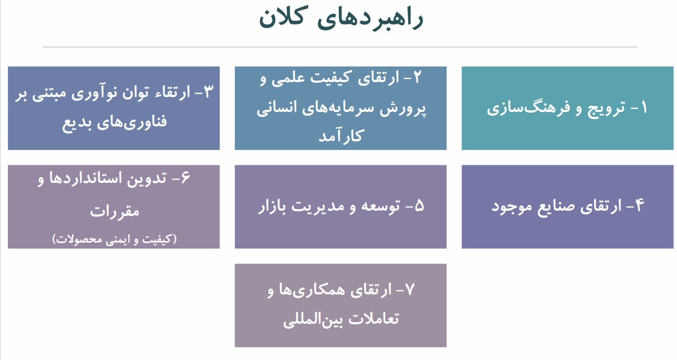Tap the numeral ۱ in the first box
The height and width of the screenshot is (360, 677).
[x=643, y=108]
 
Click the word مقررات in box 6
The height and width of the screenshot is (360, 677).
[x=114, y=211]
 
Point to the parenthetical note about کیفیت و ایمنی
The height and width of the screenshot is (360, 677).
[x=114, y=239]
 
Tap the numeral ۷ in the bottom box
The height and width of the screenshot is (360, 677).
[x=409, y=290]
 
